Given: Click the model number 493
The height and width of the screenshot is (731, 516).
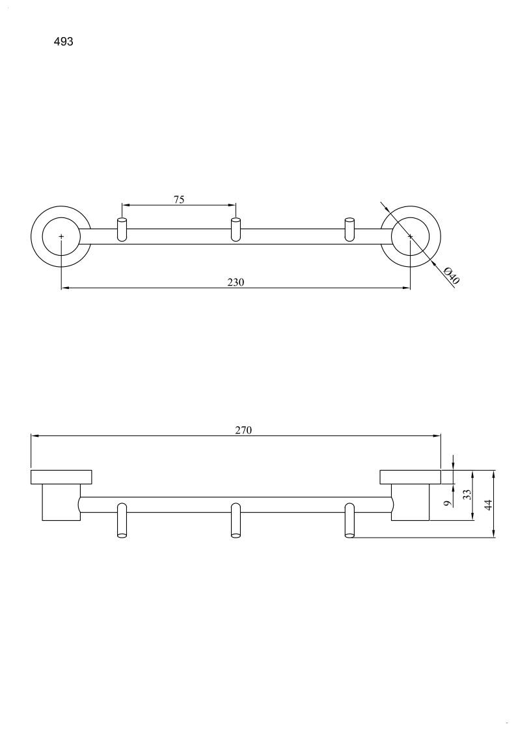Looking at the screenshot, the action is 63,42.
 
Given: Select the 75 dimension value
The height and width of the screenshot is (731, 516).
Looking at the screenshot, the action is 179,200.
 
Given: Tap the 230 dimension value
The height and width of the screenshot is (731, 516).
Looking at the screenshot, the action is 236,282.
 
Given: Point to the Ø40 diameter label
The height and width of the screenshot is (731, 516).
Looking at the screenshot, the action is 452,275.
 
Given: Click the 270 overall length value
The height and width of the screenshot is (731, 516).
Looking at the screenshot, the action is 243,430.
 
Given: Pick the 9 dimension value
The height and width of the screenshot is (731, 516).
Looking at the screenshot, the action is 447,503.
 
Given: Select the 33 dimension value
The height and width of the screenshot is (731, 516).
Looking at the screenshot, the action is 467,494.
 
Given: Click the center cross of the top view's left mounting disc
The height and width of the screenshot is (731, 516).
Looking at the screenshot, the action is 61,236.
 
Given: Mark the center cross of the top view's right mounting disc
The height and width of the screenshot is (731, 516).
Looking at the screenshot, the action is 410,236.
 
